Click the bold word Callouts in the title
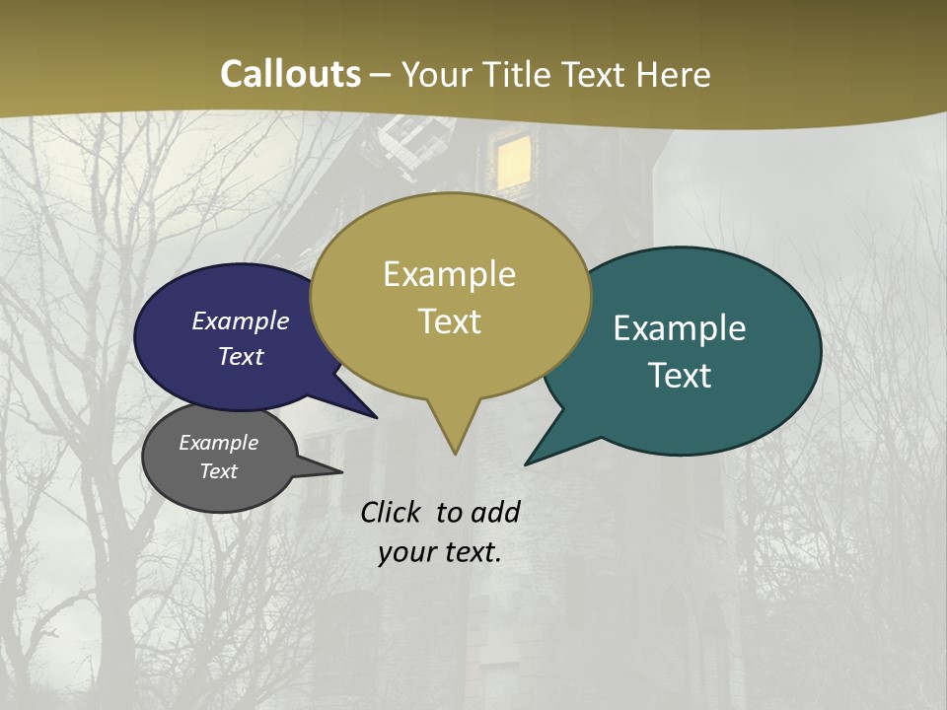[x=290, y=74]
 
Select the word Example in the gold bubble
[x=449, y=274]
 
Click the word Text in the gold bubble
[x=449, y=321]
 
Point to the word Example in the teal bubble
[x=680, y=328]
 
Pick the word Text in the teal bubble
[x=680, y=376]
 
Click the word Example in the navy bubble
[x=241, y=320]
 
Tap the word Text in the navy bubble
[x=241, y=356]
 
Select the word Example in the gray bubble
[x=219, y=443]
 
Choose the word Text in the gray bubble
[x=219, y=471]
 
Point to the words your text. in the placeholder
[x=440, y=552]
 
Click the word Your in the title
[x=437, y=74]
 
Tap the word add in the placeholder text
[x=495, y=512]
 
